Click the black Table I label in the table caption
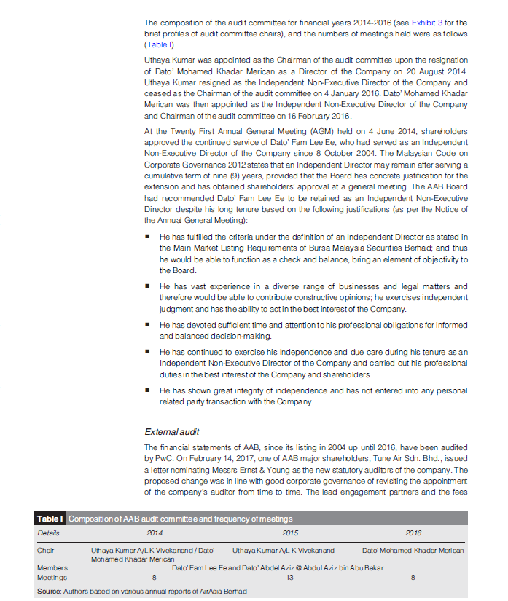coord(50,519)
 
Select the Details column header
coord(48,533)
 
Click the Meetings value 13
coord(289,578)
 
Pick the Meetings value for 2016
coord(413,578)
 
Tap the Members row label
coord(52,567)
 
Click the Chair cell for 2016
coord(413,551)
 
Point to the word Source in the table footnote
coord(49,591)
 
